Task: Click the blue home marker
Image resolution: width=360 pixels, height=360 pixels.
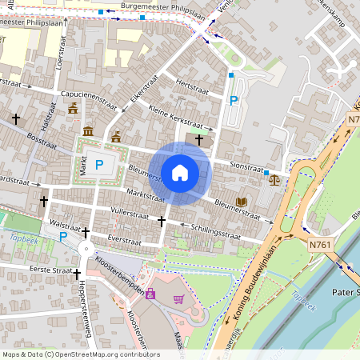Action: (x=180, y=173)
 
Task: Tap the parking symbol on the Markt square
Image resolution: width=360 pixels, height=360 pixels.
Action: (x=99, y=165)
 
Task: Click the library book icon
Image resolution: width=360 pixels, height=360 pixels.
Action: (x=242, y=200)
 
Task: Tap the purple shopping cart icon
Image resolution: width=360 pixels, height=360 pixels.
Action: (x=178, y=299)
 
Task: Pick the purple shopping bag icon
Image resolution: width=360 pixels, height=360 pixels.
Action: (x=150, y=293)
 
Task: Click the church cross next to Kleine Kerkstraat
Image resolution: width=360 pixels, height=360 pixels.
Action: (x=198, y=139)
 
